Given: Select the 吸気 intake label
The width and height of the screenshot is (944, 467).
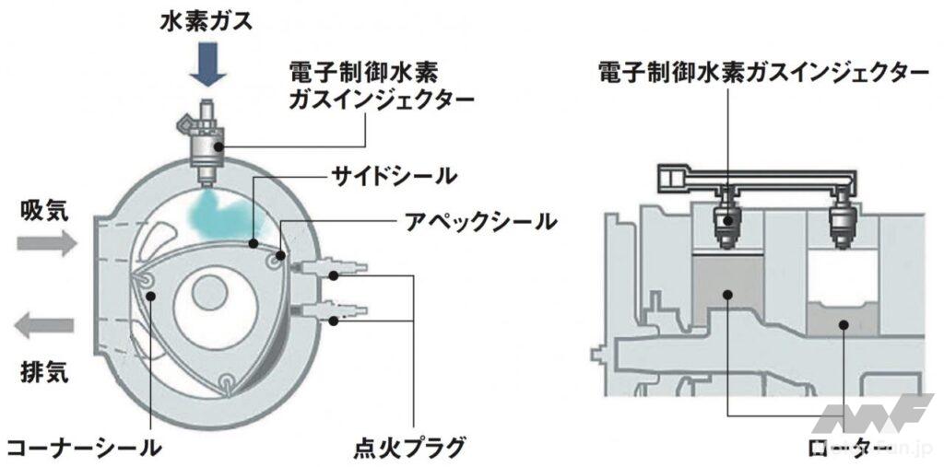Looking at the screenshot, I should (x=44, y=212).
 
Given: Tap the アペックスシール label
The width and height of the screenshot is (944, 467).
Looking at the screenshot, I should (x=480, y=221).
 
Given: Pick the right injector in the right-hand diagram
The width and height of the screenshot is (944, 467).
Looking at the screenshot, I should (x=841, y=221).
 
